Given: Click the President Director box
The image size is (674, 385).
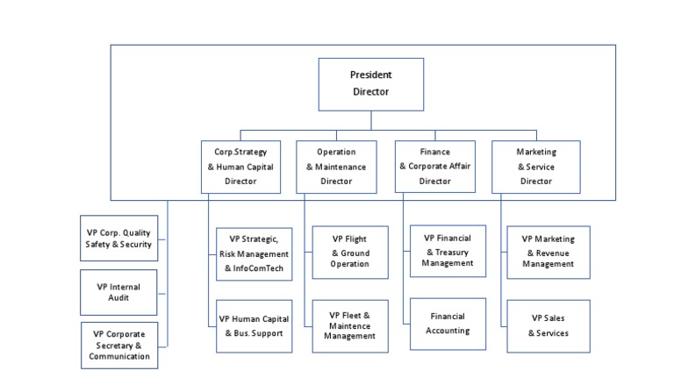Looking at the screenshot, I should click(x=370, y=84).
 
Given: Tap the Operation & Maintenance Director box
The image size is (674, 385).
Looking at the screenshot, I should click(x=336, y=167).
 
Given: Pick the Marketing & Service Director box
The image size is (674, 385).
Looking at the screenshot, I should click(x=535, y=167).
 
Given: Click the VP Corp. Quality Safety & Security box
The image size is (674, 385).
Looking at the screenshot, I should click(x=118, y=239).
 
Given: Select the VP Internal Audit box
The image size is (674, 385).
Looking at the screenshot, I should click(x=118, y=292).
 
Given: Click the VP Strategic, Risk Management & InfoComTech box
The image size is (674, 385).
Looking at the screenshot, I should click(x=254, y=253).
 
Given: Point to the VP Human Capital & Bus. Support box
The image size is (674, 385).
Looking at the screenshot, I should click(x=254, y=325).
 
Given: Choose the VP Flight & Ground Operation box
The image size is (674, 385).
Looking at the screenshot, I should click(x=349, y=253).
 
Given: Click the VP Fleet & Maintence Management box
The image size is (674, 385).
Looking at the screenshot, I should click(x=349, y=325).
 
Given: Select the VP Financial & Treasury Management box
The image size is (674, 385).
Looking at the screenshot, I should click(x=448, y=251).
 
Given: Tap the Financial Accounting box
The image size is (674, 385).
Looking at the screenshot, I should click(x=448, y=324).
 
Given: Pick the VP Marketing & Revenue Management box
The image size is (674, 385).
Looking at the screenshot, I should click(x=549, y=251).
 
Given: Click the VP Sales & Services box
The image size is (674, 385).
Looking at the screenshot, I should click(x=549, y=325).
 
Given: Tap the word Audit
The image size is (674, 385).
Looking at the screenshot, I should click(x=118, y=298).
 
